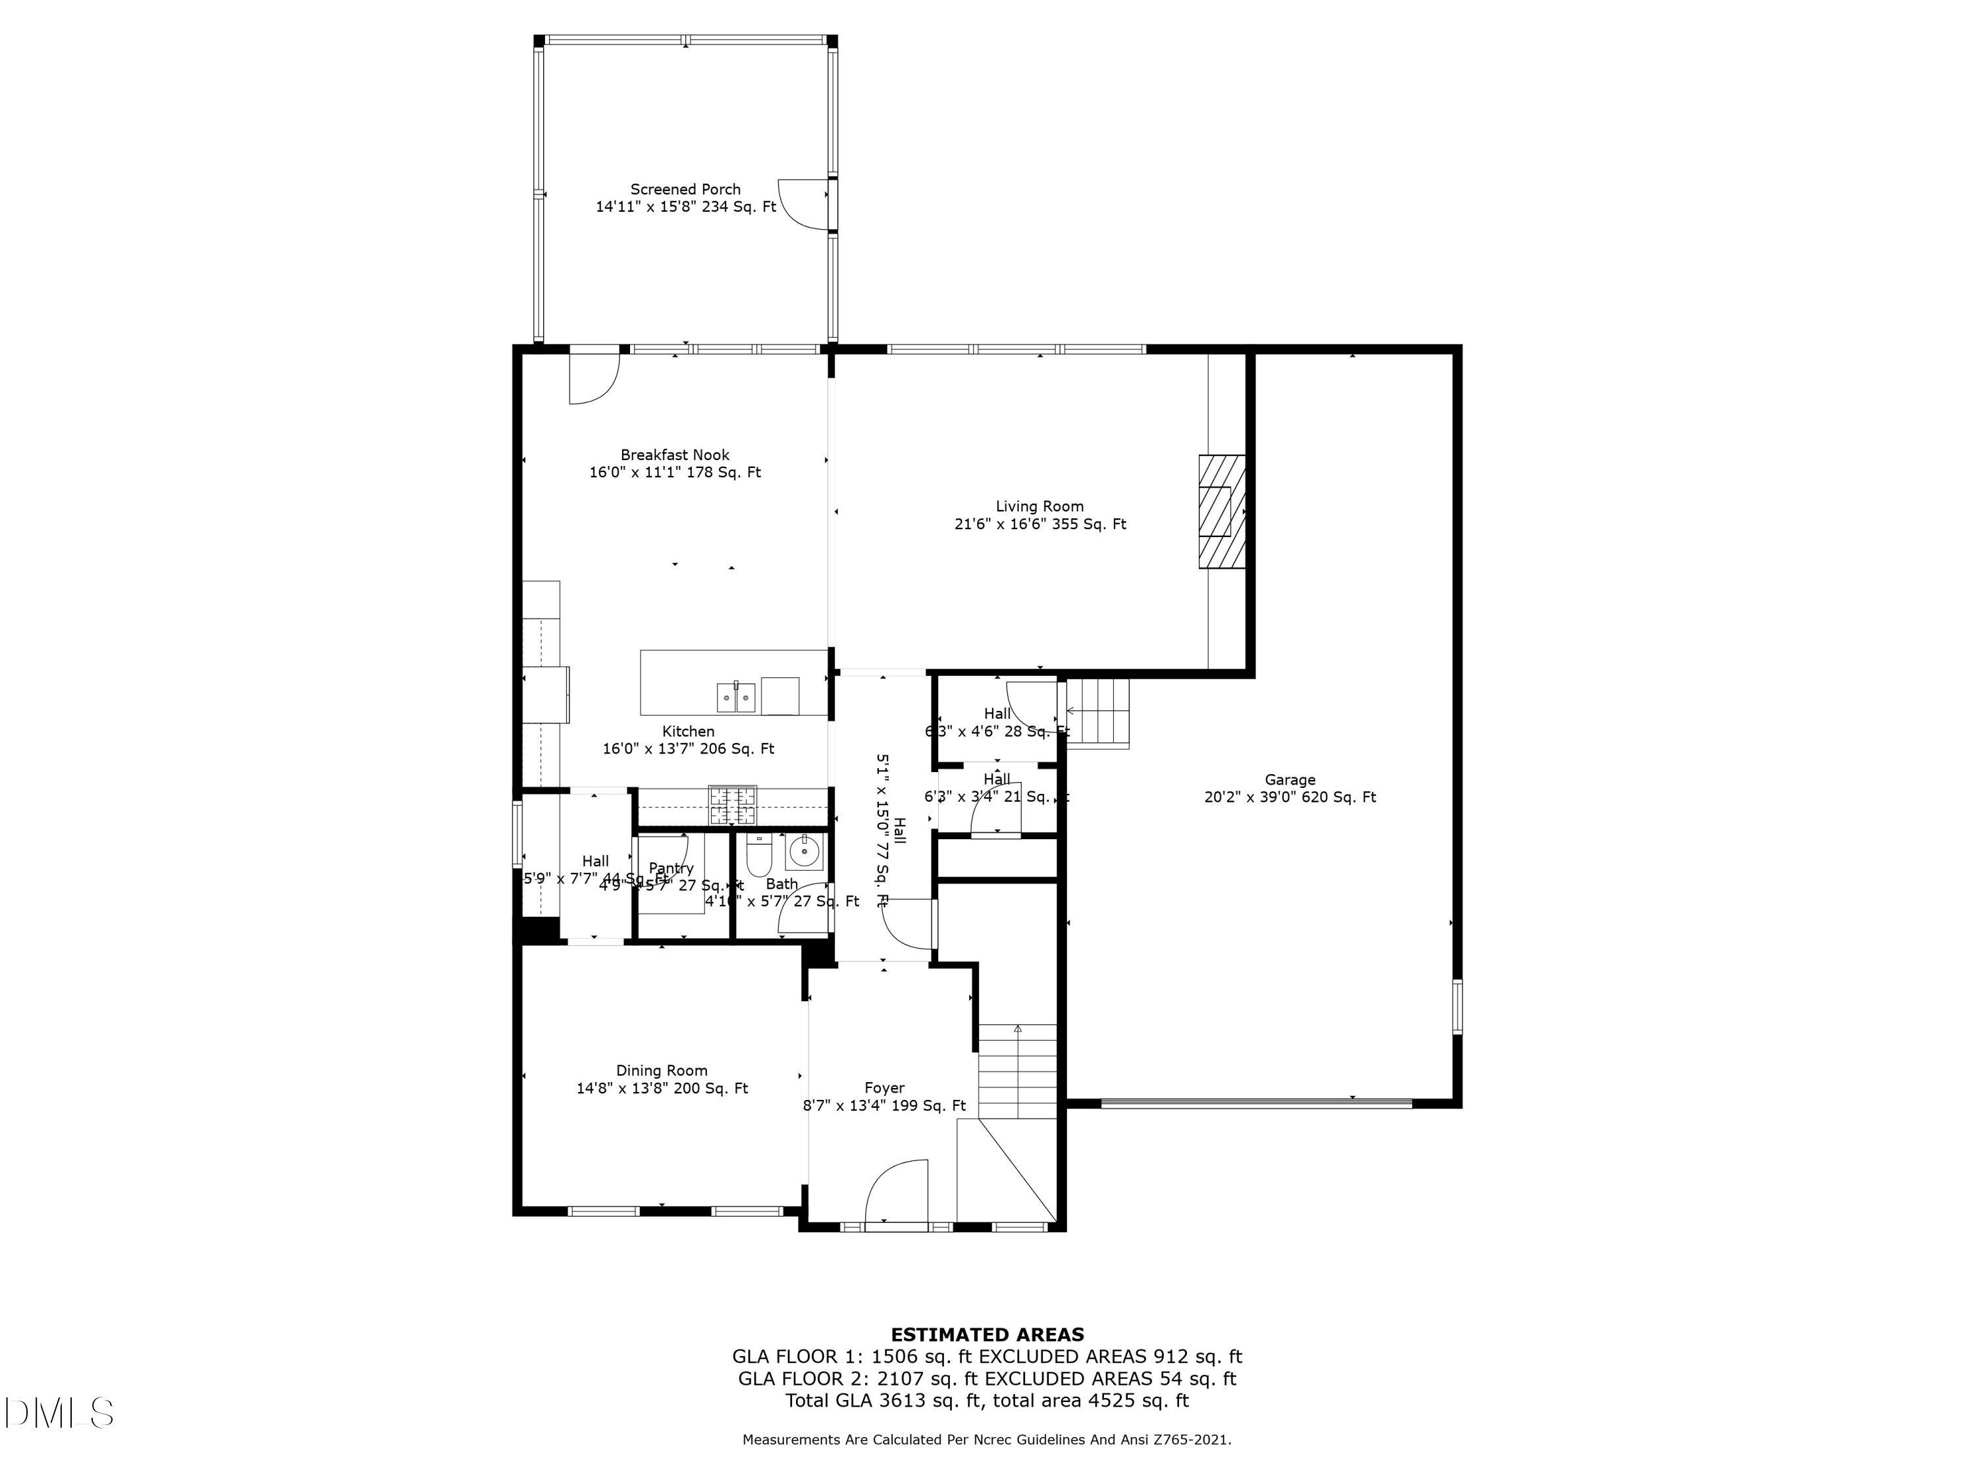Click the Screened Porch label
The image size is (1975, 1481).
point(685,190)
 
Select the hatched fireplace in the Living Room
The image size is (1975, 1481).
point(1221,511)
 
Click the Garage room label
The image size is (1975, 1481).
point(1289,779)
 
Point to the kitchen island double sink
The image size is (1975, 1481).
point(736,697)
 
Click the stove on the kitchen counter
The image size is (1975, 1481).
point(732,804)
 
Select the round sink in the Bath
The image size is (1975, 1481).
point(804,852)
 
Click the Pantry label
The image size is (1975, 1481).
point(671,868)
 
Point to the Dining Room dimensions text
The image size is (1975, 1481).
point(662,1088)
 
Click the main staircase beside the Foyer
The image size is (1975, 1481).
point(1018,1071)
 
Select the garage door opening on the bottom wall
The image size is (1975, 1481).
point(1256,1103)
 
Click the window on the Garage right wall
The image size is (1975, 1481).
point(1456,1006)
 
